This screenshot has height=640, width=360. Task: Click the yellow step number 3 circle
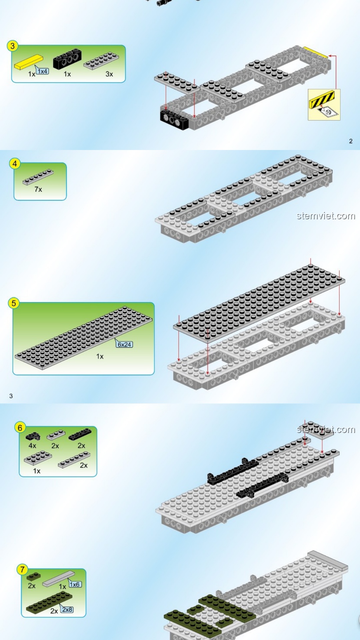13,46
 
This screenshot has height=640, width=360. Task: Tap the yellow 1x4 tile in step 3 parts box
29,62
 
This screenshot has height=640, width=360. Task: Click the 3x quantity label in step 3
109,74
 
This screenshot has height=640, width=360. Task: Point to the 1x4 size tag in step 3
43,71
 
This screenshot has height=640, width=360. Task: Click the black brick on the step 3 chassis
174,119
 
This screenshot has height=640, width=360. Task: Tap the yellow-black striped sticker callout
321,99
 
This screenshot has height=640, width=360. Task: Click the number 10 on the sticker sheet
328,112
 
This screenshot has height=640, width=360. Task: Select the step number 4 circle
15,164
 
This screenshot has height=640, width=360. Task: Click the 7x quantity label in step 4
38,189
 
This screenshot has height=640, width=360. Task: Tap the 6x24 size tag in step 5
124,344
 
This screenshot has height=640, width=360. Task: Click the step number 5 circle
14,303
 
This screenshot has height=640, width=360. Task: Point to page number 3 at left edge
11,396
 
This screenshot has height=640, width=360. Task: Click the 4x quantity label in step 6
32,446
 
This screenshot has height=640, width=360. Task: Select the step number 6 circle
20,428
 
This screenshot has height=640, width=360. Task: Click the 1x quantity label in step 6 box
37,471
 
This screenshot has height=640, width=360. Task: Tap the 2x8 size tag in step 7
67,610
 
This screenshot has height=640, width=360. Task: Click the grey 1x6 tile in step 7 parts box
58,578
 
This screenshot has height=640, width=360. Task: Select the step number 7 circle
22,569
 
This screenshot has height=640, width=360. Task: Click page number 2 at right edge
351,141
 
